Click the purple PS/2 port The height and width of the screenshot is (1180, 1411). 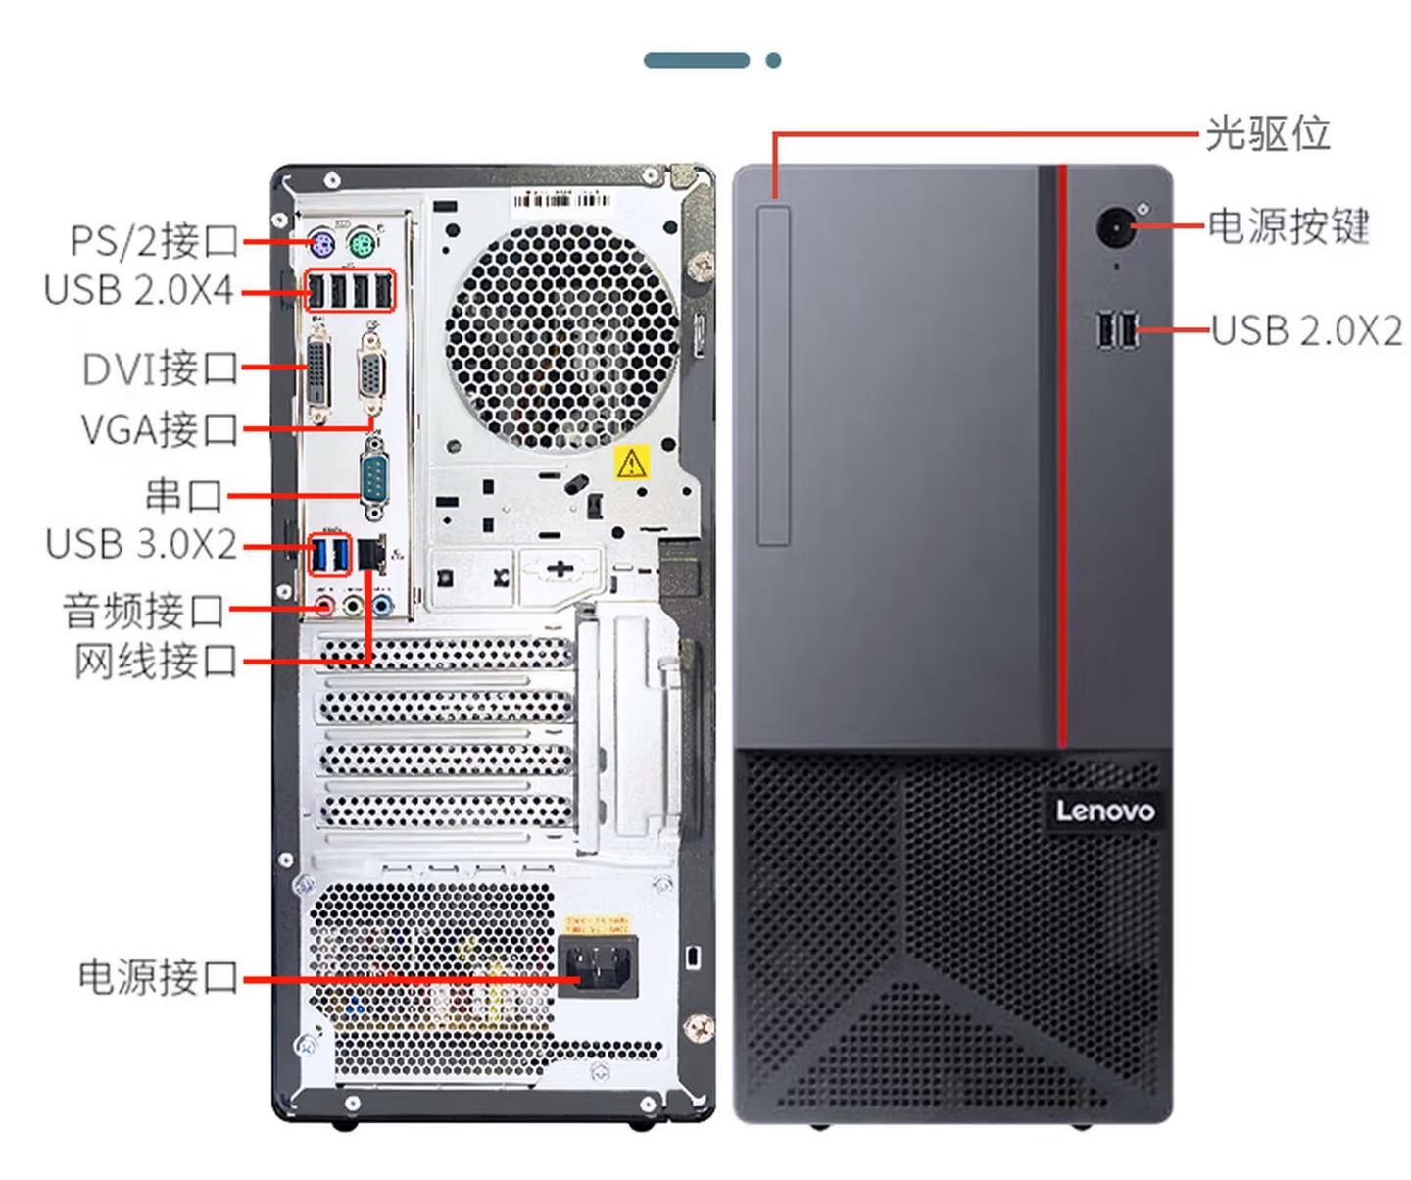[322, 242]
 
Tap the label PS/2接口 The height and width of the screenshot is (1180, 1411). [154, 241]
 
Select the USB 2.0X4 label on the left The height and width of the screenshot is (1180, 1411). [138, 290]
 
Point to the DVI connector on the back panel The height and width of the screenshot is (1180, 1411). [319, 375]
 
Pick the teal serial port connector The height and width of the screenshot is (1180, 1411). [373, 476]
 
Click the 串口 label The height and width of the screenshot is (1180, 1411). [184, 495]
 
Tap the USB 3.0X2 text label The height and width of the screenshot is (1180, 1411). [140, 543]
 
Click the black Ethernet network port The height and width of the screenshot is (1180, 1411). [370, 554]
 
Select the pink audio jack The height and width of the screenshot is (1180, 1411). [325, 605]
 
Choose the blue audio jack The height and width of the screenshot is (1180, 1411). [382, 605]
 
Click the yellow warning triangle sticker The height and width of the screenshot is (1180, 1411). [632, 463]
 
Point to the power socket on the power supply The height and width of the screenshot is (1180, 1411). [598, 965]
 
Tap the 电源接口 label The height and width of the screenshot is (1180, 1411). [158, 976]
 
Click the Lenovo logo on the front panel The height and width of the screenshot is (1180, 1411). [1105, 811]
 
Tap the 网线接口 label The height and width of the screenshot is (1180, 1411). [156, 661]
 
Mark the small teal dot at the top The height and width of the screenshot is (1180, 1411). [773, 60]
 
